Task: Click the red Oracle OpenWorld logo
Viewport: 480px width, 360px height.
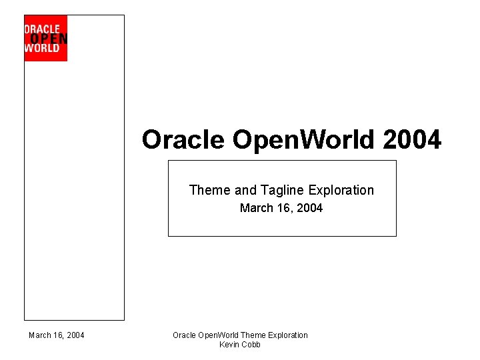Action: tap(45, 38)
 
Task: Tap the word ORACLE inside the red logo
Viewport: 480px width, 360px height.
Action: tap(42, 29)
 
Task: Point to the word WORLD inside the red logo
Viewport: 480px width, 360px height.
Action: tap(42, 48)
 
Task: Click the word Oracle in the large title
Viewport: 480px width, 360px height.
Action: tap(183, 140)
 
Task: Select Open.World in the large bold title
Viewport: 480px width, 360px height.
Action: tap(304, 140)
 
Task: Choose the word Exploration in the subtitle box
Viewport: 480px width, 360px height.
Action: tap(341, 190)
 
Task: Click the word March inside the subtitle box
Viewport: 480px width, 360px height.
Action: tap(257, 208)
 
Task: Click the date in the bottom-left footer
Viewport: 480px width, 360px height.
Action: tap(57, 335)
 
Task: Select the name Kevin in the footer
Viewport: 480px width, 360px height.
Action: tap(230, 345)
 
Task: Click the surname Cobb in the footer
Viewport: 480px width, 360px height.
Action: tap(251, 345)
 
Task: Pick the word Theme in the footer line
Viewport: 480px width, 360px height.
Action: tap(253, 335)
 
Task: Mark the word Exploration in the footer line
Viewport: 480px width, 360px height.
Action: tap(287, 335)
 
